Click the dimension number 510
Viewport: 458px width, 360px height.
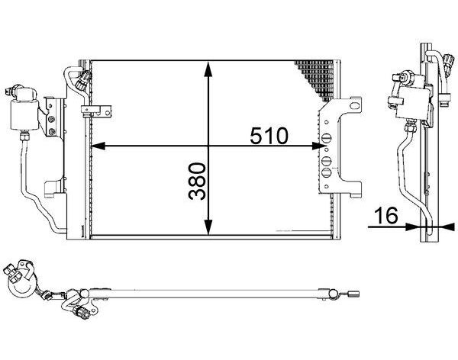[x=269, y=136]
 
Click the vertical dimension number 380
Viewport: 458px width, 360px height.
[x=197, y=181]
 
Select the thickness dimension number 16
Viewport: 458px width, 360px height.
[x=386, y=215]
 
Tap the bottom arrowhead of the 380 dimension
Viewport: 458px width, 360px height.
[x=208, y=227]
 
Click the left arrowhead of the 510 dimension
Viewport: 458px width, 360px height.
[x=98, y=146]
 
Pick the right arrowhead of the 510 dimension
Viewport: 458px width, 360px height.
[x=319, y=146]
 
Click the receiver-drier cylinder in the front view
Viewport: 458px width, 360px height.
[x=24, y=114]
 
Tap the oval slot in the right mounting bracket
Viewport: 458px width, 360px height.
[x=354, y=105]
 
